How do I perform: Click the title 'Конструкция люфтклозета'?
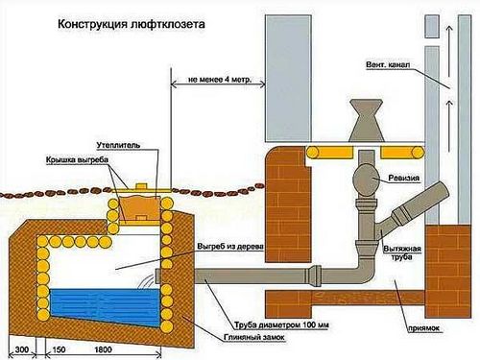132,24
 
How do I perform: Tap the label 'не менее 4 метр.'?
220,79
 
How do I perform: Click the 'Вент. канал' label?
388,64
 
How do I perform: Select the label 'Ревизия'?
404,178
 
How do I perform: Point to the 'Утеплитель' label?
118,145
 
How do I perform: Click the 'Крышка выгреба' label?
77,159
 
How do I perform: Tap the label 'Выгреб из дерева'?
230,247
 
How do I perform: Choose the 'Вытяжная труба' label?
402,252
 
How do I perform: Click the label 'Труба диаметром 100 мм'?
281,325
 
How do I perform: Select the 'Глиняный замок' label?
254,337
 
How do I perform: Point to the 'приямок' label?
423,328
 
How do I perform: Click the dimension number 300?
22,349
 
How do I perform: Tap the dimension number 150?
59,349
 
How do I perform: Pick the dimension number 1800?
103,349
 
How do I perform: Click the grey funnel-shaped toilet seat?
366,120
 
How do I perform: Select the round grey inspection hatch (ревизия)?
367,180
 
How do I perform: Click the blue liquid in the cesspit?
105,305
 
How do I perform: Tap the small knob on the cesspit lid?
141,186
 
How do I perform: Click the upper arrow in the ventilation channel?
449,52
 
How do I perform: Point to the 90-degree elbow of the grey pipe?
366,271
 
